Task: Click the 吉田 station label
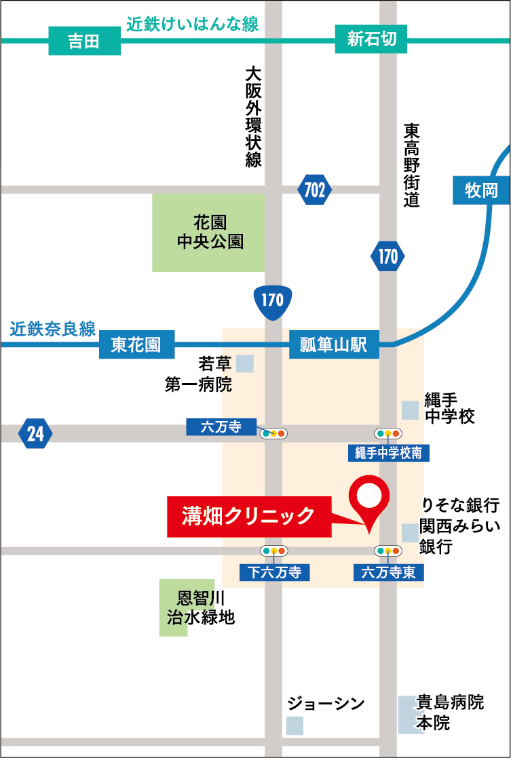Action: pyautogui.click(x=84, y=41)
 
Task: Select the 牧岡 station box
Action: pyautogui.click(x=481, y=191)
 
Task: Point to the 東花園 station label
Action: pyautogui.click(x=136, y=345)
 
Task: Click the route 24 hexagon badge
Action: pyautogui.click(x=35, y=433)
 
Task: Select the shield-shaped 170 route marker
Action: pyautogui.click(x=272, y=300)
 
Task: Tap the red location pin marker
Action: pyautogui.click(x=370, y=500)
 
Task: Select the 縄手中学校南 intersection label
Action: pyautogui.click(x=388, y=454)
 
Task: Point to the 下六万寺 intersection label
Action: pyautogui.click(x=274, y=572)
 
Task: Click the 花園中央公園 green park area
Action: pyautogui.click(x=209, y=232)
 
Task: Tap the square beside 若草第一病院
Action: pyautogui.click(x=245, y=363)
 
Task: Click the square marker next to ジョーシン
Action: pyautogui.click(x=295, y=725)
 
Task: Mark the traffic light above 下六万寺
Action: pyautogui.click(x=274, y=551)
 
